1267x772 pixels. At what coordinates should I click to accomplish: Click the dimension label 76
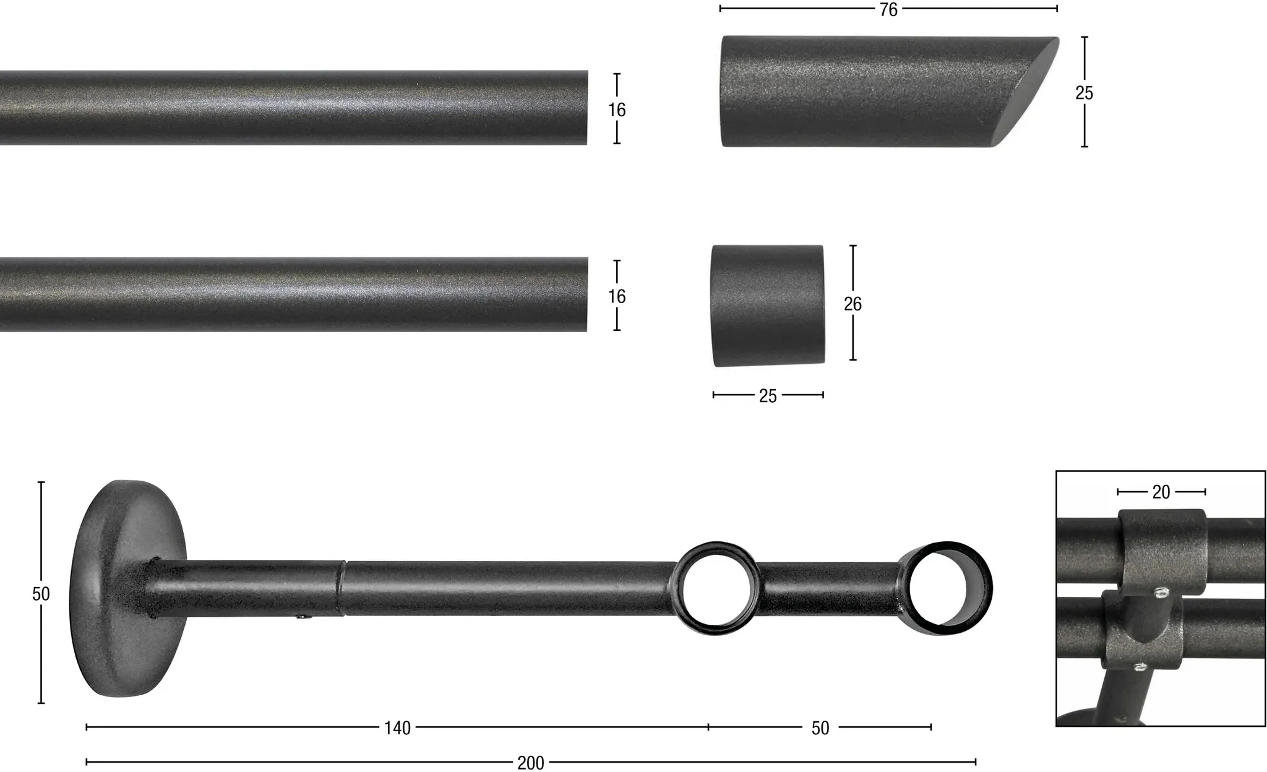(x=888, y=9)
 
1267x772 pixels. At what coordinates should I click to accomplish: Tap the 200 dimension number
(x=531, y=763)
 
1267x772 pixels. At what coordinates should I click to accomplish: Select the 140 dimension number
(x=397, y=728)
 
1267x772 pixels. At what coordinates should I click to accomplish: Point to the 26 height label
(x=853, y=304)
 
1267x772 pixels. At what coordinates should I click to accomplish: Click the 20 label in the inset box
(x=1161, y=492)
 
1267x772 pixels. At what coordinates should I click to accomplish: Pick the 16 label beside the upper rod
(x=617, y=109)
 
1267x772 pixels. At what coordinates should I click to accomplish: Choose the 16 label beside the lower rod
(x=617, y=296)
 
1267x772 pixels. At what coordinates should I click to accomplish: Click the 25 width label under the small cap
(x=768, y=396)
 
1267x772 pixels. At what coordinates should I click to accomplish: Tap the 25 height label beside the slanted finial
(x=1084, y=93)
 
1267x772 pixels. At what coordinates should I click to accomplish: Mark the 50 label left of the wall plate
(x=41, y=594)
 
